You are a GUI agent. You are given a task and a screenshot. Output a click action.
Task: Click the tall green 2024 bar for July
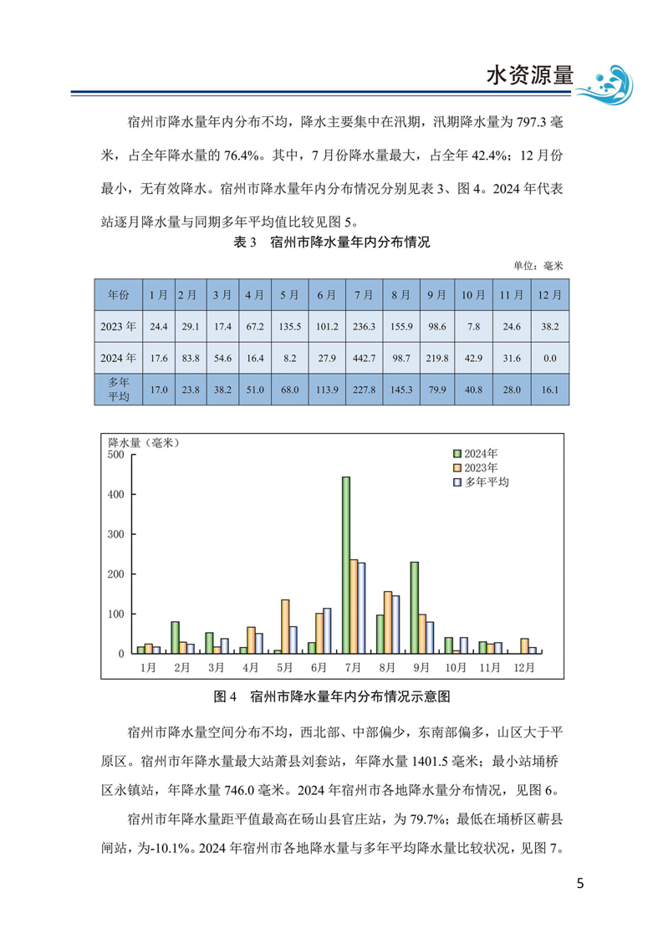tap(346, 565)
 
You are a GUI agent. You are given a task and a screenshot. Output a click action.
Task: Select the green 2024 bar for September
tap(414, 608)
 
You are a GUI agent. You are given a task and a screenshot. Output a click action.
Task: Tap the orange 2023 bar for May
tap(285, 626)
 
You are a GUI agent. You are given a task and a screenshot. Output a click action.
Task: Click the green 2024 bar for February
tap(175, 637)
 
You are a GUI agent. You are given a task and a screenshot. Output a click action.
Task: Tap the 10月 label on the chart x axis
tap(456, 667)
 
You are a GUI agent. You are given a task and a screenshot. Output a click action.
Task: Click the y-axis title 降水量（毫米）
tap(144, 441)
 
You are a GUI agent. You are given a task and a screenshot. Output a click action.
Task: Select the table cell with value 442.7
tap(364, 357)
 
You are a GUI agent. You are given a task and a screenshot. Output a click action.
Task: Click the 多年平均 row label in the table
tap(118, 389)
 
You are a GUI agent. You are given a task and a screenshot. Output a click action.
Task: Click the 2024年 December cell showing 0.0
tap(549, 357)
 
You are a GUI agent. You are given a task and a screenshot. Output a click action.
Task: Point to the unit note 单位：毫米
tap(539, 265)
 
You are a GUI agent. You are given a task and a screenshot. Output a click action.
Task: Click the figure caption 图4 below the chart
tap(332, 695)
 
